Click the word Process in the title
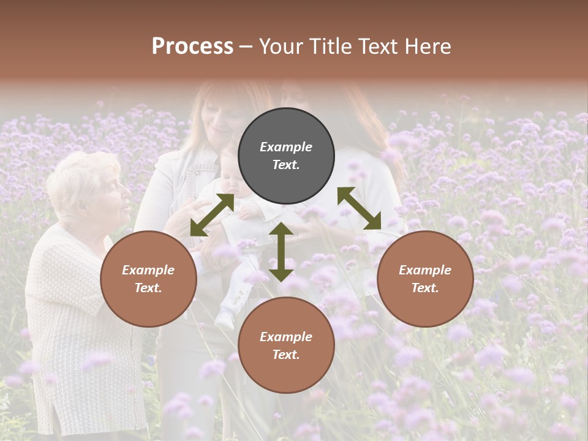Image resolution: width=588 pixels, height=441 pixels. coord(192,47)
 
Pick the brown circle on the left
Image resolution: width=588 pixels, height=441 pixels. coord(148,279)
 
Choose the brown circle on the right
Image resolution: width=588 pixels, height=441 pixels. coord(425,279)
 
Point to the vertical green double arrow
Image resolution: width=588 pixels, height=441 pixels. coord(281,252)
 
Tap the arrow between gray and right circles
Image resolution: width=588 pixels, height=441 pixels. coord(359,208)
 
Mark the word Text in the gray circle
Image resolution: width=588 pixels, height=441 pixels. coord(285,165)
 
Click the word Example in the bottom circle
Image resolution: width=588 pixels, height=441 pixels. coord(286,337)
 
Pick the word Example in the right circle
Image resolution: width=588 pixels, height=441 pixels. coord(425,270)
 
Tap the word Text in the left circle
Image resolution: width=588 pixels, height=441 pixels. coord(148,288)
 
